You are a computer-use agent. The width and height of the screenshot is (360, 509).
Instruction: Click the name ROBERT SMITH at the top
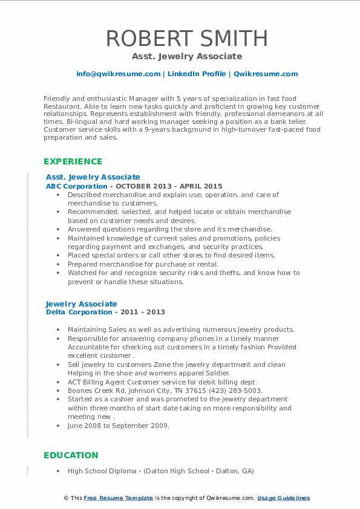(x=187, y=39)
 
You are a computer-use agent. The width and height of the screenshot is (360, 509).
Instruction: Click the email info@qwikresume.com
(x=118, y=74)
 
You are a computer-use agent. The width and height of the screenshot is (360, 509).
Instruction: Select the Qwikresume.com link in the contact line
(x=266, y=74)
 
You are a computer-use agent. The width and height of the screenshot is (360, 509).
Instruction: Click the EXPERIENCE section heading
(x=73, y=161)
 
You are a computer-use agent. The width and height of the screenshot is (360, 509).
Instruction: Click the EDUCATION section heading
(x=71, y=455)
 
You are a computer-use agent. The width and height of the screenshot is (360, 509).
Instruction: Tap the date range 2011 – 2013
(x=142, y=312)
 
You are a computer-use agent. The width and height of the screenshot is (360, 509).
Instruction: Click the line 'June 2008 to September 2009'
(x=119, y=426)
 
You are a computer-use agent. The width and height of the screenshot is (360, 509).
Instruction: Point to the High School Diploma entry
(x=160, y=471)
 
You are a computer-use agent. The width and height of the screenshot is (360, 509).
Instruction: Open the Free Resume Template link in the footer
(x=118, y=498)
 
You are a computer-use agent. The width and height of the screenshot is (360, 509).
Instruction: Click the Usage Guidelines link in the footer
(x=283, y=498)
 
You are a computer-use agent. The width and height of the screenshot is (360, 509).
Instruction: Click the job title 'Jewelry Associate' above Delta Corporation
(x=82, y=303)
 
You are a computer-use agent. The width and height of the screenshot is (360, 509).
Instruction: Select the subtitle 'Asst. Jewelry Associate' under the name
(x=187, y=56)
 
